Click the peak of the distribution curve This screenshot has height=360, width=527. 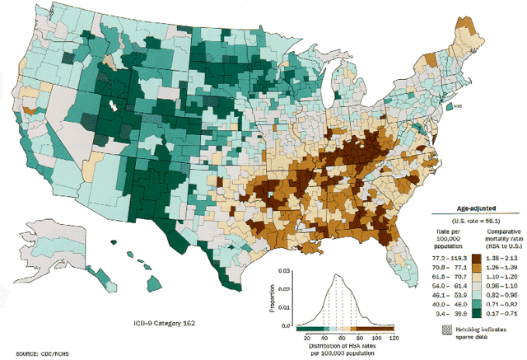[337, 276]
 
